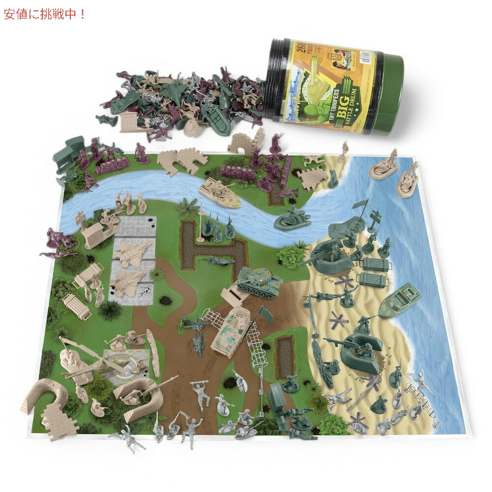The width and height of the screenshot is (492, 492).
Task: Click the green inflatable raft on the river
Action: coord(292,218)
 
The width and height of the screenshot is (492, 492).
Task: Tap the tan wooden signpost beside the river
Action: coord(80,218)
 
